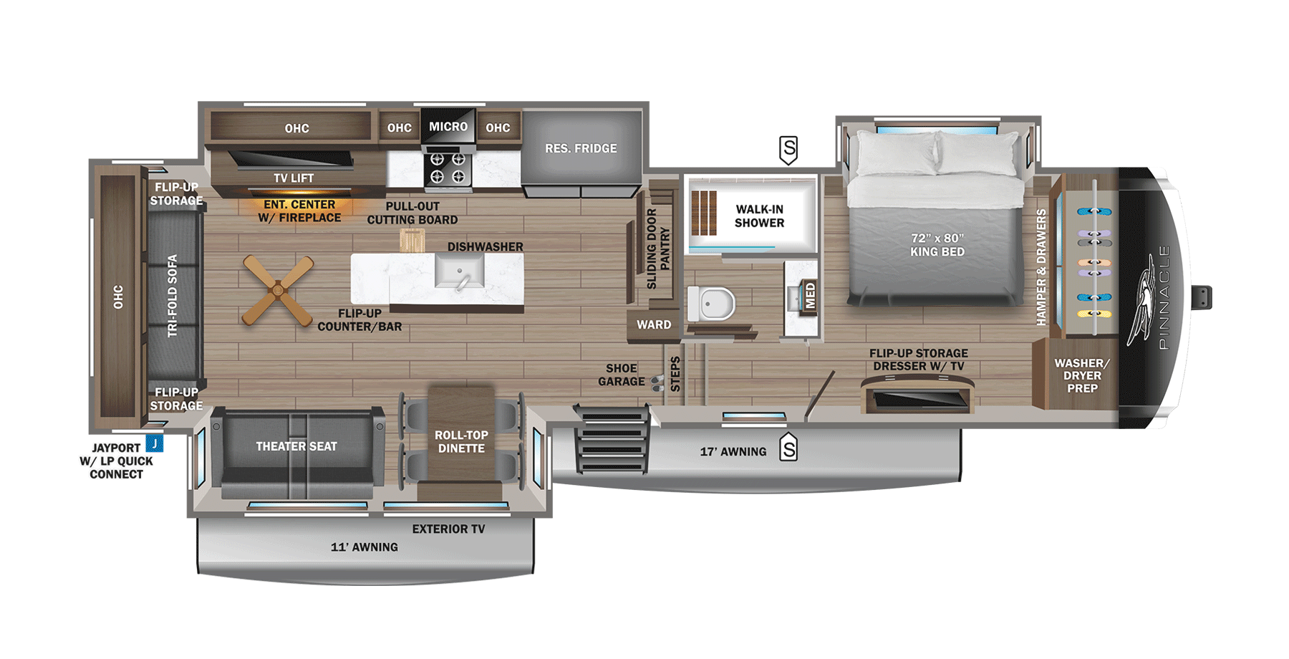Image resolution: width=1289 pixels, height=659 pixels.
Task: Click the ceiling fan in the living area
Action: (x=278, y=290)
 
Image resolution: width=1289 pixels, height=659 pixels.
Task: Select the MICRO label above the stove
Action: (x=448, y=127)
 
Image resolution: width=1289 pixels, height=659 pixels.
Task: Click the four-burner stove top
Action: (x=448, y=168)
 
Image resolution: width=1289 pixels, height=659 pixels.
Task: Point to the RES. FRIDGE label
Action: (x=581, y=148)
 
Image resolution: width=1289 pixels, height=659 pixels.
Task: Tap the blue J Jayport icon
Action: (x=155, y=443)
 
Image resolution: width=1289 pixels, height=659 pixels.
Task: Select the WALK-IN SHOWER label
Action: (x=759, y=216)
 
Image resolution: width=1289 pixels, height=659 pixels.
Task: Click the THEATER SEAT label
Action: (x=296, y=446)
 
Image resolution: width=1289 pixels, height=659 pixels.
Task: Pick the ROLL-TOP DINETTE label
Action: (x=461, y=441)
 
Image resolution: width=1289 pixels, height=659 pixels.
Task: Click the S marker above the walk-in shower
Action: (x=788, y=150)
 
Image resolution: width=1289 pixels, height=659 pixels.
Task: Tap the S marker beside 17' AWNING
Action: (x=788, y=448)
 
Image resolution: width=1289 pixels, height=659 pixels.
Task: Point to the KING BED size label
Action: (x=937, y=245)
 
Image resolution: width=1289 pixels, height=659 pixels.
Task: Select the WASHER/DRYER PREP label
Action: (x=1081, y=375)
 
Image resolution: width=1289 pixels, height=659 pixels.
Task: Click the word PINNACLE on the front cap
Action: (x=1163, y=297)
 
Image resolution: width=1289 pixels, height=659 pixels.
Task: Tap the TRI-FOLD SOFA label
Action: (x=172, y=295)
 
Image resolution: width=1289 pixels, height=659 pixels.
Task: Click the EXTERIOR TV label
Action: (x=448, y=529)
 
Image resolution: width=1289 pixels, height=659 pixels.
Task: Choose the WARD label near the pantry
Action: (x=654, y=324)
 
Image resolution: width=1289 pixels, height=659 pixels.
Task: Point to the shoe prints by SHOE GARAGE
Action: (x=657, y=383)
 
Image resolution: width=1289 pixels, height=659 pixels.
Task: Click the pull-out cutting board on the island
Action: (x=412, y=240)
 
